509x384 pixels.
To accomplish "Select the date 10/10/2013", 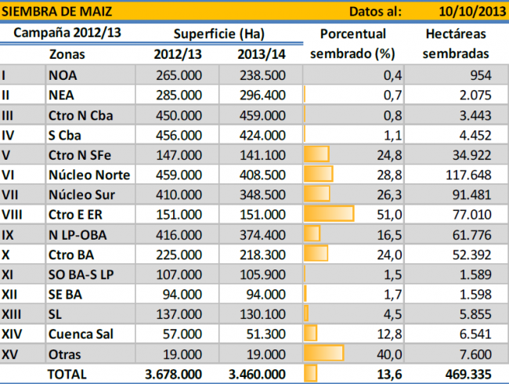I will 466,11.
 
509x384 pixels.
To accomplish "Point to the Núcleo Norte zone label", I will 89,174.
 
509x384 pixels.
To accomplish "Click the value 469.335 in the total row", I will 467,374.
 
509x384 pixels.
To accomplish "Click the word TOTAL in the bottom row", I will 67,374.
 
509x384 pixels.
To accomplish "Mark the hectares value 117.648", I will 467,174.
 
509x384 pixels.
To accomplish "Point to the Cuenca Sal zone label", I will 80,334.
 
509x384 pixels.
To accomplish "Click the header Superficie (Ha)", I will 218,34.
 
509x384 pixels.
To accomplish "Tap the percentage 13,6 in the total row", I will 388,374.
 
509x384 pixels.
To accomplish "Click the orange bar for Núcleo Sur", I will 316,194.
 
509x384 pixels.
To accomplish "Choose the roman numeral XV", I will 10,353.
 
